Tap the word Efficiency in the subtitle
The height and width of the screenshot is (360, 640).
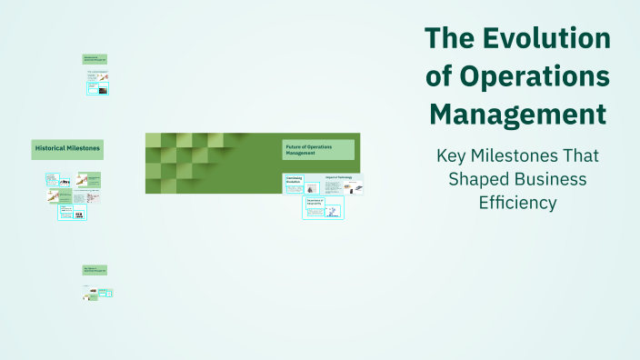click(517, 203)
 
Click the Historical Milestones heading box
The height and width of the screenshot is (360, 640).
click(67, 148)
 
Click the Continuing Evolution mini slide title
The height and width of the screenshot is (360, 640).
click(295, 180)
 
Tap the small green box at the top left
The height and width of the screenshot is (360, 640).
click(95, 58)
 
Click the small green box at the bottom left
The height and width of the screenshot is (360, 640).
click(95, 271)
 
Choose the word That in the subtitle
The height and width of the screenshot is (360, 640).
click(579, 155)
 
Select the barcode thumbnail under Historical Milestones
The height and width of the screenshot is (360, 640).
click(79, 215)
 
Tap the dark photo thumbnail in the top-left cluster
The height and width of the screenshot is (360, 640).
click(103, 90)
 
